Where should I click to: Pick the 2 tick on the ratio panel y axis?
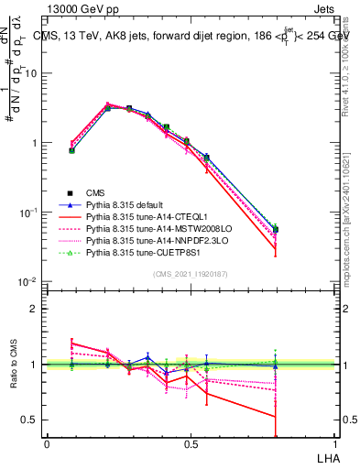(x=34, y=309)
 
